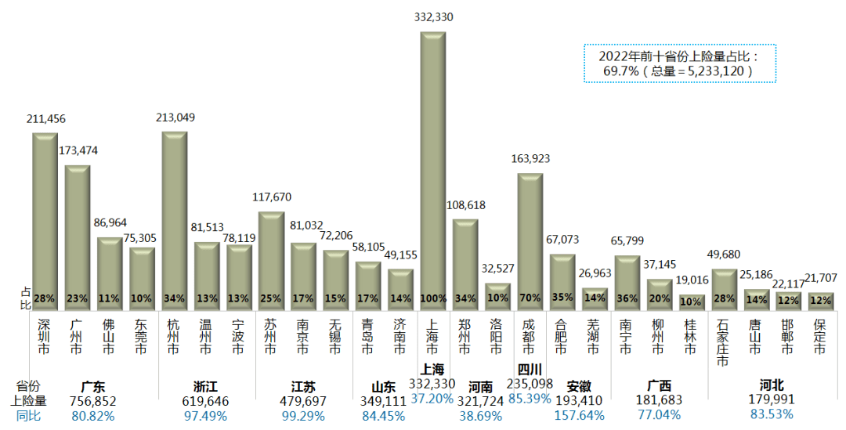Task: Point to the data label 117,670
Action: tap(271, 197)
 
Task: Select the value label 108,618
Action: tap(465, 204)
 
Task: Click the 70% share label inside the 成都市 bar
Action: tap(530, 298)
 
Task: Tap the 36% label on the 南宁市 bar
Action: tap(627, 298)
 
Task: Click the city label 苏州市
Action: tap(271, 336)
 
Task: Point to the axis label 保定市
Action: tap(820, 336)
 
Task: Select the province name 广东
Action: tap(93, 386)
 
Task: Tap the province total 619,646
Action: tap(206, 400)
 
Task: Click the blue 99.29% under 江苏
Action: tap(303, 415)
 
